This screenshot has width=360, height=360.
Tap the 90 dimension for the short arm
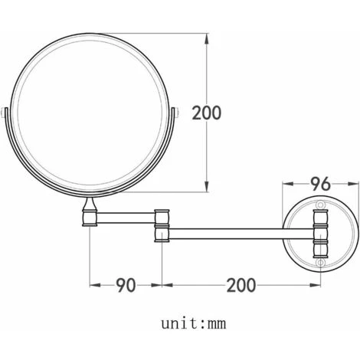tap(126, 286)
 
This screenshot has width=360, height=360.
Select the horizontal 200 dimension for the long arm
tap(241, 286)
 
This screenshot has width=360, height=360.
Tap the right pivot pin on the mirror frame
tap(178, 113)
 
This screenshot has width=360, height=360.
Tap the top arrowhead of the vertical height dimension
tap(208, 36)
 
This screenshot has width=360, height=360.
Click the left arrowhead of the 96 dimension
tap(286, 184)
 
